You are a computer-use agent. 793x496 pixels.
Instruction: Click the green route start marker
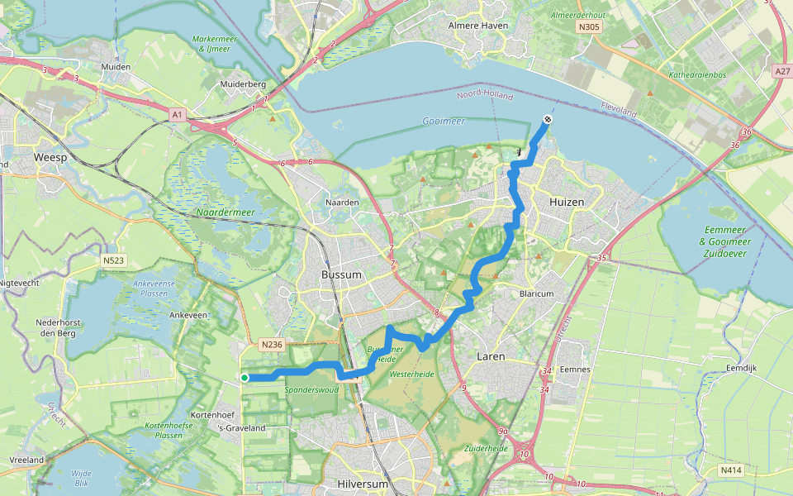coord(245,378)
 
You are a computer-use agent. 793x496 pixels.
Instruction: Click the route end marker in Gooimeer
coord(548,120)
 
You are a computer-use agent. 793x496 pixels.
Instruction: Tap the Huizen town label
coord(566,202)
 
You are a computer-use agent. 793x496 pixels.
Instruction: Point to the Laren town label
coord(491,357)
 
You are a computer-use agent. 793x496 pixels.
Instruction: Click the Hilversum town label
coord(362,483)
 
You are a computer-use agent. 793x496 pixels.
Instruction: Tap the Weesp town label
coord(49,156)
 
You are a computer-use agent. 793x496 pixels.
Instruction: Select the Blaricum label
coord(536,293)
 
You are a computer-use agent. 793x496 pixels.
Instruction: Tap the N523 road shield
coord(114,260)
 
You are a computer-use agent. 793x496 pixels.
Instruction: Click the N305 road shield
coord(590,26)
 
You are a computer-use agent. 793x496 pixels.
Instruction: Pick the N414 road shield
coord(731,470)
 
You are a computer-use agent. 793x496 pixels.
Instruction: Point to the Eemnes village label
coord(574,369)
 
